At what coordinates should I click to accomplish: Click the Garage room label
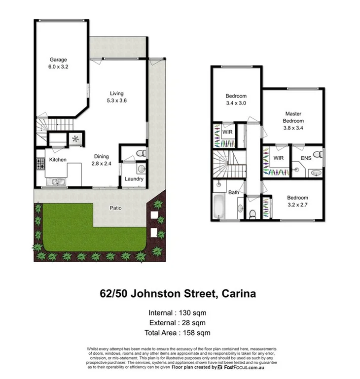(x=58, y=60)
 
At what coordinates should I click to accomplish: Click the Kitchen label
(x=57, y=160)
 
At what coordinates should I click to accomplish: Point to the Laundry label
(x=134, y=179)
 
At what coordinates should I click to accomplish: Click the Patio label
(x=116, y=207)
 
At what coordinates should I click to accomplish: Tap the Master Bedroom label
(x=293, y=117)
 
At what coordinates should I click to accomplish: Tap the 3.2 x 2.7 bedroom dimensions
(x=297, y=206)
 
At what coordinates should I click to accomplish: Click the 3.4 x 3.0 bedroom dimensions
(x=236, y=103)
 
